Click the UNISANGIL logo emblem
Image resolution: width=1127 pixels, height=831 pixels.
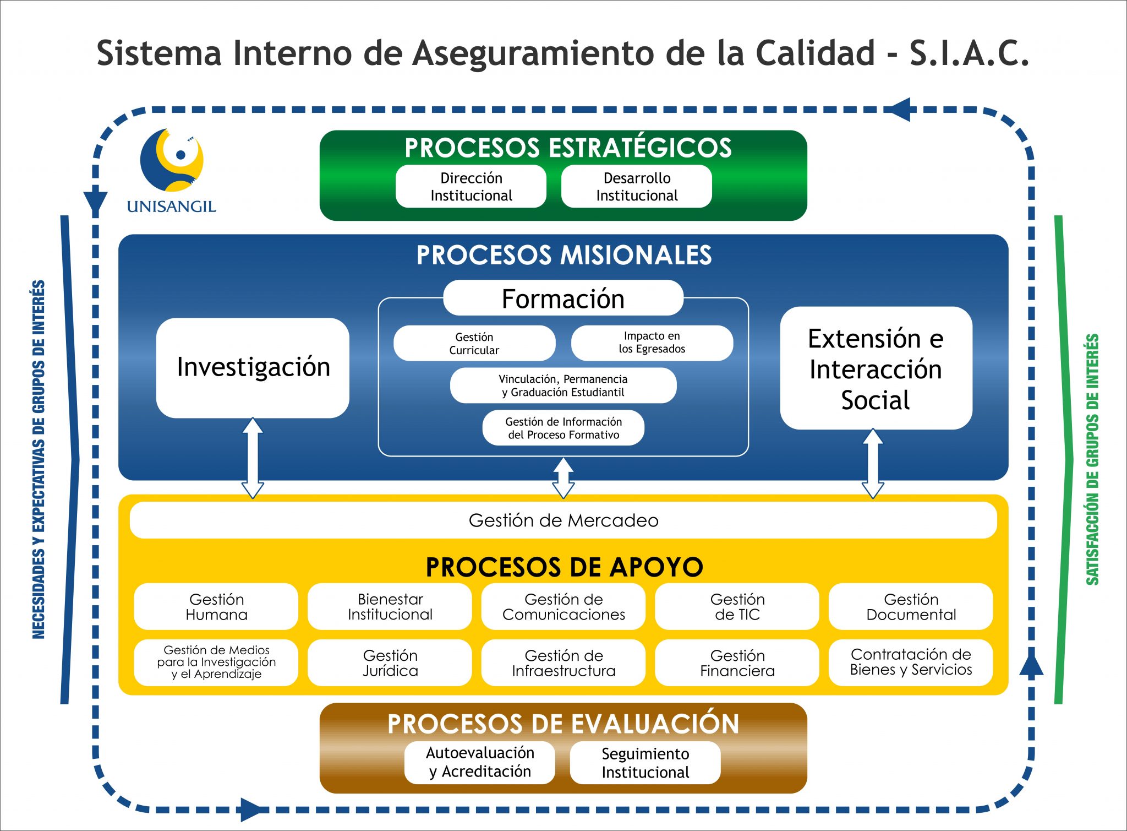pyautogui.click(x=172, y=160)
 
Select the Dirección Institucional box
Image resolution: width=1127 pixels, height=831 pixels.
pyautogui.click(x=471, y=187)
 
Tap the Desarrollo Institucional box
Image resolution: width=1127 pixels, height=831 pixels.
pyautogui.click(x=637, y=187)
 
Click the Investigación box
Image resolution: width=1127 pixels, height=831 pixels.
pyautogui.click(x=253, y=367)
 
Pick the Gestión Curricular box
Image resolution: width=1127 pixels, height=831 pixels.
pyautogui.click(x=474, y=343)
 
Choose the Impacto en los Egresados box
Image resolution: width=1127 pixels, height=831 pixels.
pyautogui.click(x=652, y=343)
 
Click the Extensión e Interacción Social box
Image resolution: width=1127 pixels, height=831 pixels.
pyautogui.click(x=876, y=368)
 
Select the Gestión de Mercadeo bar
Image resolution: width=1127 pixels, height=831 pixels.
pyautogui.click(x=563, y=520)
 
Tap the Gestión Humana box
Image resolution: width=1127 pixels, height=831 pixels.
pyautogui.click(x=216, y=606)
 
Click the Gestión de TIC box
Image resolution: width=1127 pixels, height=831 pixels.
pyautogui.click(x=737, y=606)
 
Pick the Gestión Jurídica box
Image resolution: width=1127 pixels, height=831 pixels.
pyautogui.click(x=390, y=662)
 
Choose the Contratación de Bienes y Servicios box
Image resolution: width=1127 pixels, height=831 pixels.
pyautogui.click(x=911, y=662)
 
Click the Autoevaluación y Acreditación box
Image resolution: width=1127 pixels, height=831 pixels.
pyautogui.click(x=480, y=763)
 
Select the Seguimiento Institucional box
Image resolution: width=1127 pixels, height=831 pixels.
pyautogui.click(x=645, y=763)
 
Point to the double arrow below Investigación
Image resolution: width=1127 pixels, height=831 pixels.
pyautogui.click(x=253, y=458)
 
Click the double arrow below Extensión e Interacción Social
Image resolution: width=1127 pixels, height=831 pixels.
pyautogui.click(x=873, y=464)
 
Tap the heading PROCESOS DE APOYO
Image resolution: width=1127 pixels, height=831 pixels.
pyautogui.click(x=565, y=567)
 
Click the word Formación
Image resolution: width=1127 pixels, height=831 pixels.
pyautogui.click(x=563, y=299)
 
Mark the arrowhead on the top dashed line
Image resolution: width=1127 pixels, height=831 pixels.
pyautogui.click(x=901, y=110)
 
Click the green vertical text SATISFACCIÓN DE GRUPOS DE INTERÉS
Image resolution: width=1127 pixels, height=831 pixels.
pyautogui.click(x=1093, y=459)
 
